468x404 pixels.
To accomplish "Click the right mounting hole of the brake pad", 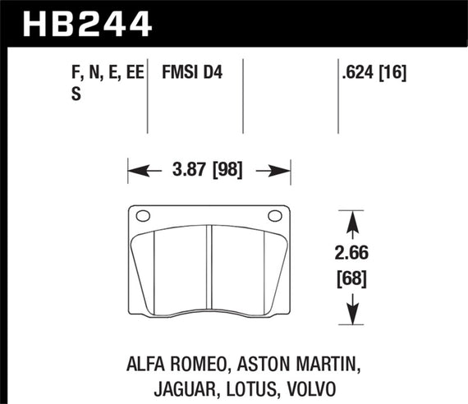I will [x=274, y=217].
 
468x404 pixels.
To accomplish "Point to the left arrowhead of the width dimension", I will [x=135, y=172].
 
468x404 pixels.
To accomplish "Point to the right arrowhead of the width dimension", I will [x=282, y=172].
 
